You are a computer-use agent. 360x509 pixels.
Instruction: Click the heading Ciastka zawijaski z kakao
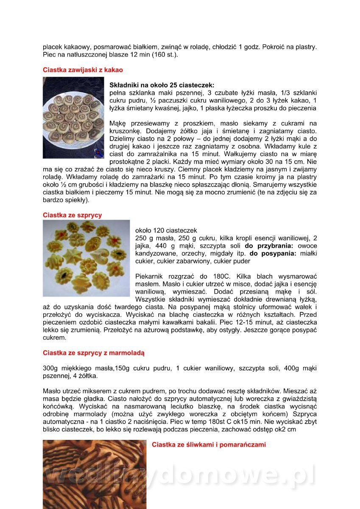click(x=83, y=70)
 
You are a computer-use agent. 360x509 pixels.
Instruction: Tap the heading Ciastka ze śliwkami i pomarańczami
click(x=209, y=445)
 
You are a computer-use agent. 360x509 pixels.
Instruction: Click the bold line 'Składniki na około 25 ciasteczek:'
click(x=162, y=85)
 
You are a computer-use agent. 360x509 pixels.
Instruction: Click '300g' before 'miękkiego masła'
click(x=51, y=368)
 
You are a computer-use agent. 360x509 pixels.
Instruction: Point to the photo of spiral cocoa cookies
click(x=73, y=117)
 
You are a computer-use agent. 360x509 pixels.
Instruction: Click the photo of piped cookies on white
click(x=86, y=258)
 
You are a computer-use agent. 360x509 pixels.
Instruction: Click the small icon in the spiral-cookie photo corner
click(x=98, y=152)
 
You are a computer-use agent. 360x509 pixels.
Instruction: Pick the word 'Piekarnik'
click(x=150, y=277)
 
